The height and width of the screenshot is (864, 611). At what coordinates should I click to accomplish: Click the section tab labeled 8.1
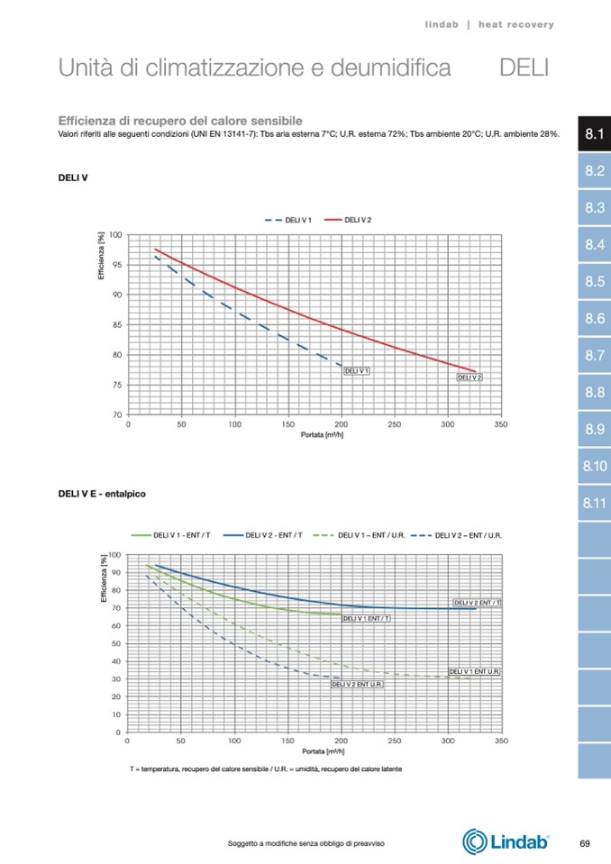point(594,134)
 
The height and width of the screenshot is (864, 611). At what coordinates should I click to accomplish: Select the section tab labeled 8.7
point(594,356)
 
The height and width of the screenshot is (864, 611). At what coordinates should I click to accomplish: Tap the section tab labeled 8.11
point(594,503)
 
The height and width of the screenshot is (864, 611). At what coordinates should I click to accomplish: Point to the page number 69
point(585,843)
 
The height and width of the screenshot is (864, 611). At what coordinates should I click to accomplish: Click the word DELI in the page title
point(524,68)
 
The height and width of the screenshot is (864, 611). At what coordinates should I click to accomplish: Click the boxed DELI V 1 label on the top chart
point(358,370)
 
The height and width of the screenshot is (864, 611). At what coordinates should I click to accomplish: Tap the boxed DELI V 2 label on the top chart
point(470,377)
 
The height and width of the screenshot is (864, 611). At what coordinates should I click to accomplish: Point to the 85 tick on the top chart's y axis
point(117,325)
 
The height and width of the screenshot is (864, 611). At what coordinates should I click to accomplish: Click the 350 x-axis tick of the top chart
point(501,423)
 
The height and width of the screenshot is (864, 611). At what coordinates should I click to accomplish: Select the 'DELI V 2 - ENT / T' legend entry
point(266,535)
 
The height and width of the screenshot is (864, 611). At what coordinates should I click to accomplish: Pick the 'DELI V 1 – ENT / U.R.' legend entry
point(360,535)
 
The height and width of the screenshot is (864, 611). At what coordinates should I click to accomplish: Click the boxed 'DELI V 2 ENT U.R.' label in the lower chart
point(357,685)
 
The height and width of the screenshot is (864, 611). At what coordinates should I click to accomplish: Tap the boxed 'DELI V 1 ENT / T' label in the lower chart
point(367,618)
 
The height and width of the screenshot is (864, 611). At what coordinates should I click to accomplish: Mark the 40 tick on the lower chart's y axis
point(116,661)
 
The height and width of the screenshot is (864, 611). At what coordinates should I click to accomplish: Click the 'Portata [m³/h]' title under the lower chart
point(322,750)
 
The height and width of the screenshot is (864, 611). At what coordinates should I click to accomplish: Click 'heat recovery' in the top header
point(516,24)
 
